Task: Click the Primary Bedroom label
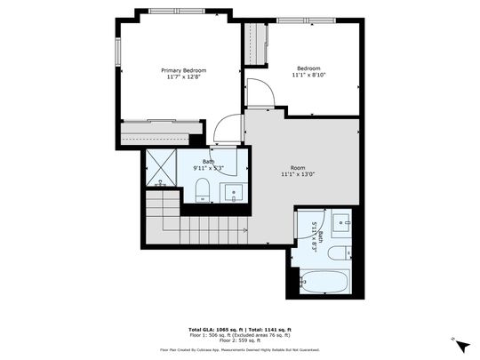183,70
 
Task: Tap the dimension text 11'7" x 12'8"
183,77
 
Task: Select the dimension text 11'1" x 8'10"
308,76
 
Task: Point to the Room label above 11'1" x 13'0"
299,167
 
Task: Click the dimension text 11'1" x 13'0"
299,174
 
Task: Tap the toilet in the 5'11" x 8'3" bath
339,253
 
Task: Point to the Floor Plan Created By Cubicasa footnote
240,350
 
